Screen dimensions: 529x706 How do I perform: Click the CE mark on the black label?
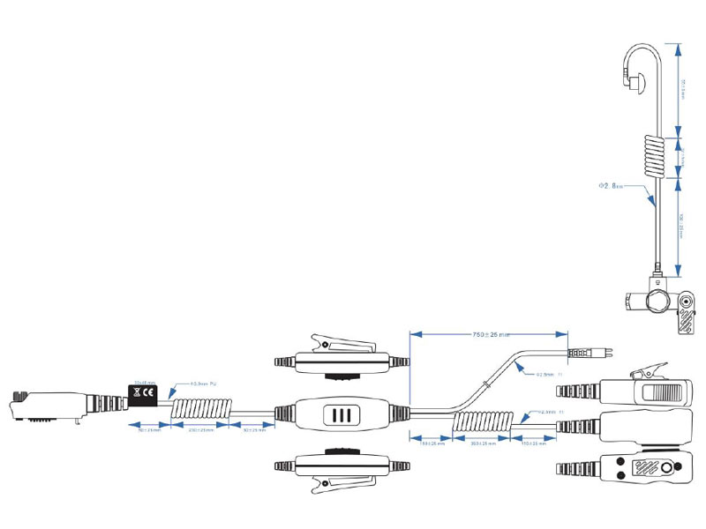[151, 393]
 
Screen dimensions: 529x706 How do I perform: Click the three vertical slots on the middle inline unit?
[341, 414]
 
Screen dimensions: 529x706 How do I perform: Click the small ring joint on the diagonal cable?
[487, 382]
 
